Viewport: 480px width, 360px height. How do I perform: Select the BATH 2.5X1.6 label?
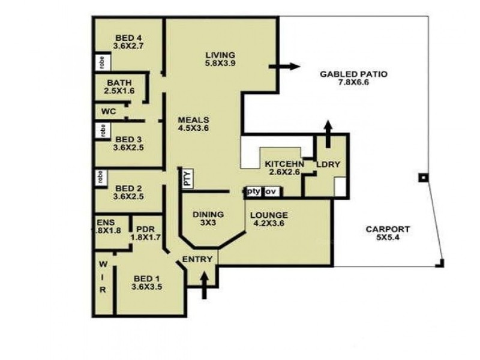click(119, 86)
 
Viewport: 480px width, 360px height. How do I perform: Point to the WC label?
click(108, 111)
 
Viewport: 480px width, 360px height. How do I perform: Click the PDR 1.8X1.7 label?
click(146, 232)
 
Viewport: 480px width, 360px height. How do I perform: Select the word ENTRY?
click(197, 259)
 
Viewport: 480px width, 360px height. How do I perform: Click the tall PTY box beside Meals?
click(186, 178)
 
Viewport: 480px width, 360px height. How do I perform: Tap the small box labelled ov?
click(271, 191)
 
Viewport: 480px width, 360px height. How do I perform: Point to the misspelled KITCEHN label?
click(284, 167)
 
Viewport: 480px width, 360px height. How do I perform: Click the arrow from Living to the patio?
click(284, 67)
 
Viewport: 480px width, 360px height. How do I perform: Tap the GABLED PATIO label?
click(353, 79)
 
